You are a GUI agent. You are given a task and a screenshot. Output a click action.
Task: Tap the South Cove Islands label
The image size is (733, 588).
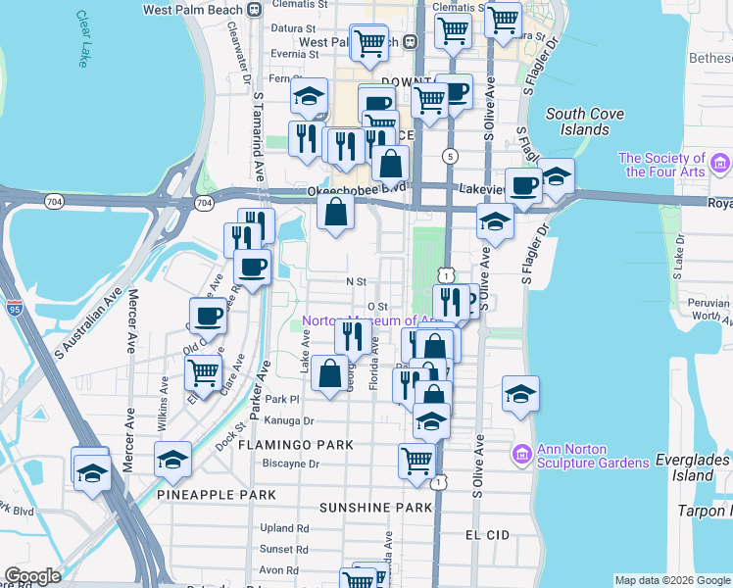pos(585,122)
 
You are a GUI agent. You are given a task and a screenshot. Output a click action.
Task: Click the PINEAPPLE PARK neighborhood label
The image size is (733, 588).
pos(217,495)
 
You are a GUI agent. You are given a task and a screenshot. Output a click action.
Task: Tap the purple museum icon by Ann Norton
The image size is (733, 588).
pos(521,455)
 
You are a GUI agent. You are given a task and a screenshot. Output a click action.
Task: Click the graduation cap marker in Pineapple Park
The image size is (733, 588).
pos(173,459)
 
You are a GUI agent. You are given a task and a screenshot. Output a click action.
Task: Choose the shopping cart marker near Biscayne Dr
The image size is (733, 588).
pos(416,459)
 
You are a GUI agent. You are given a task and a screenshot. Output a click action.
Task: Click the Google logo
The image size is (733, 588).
pos(32,576)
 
